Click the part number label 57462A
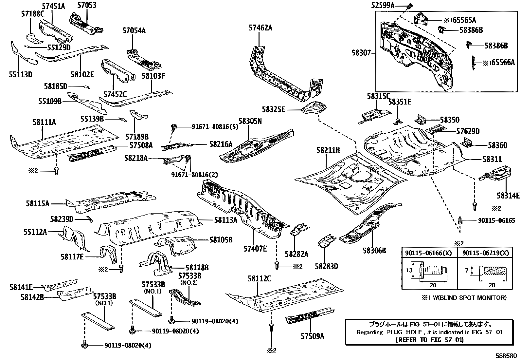point(260,28)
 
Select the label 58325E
point(273,109)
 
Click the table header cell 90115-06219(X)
point(485,253)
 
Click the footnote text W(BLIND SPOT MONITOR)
point(468,298)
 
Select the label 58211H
point(328,151)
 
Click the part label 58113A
point(226,220)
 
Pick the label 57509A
point(313,336)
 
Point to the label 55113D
point(21,74)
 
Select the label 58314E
point(508,196)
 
